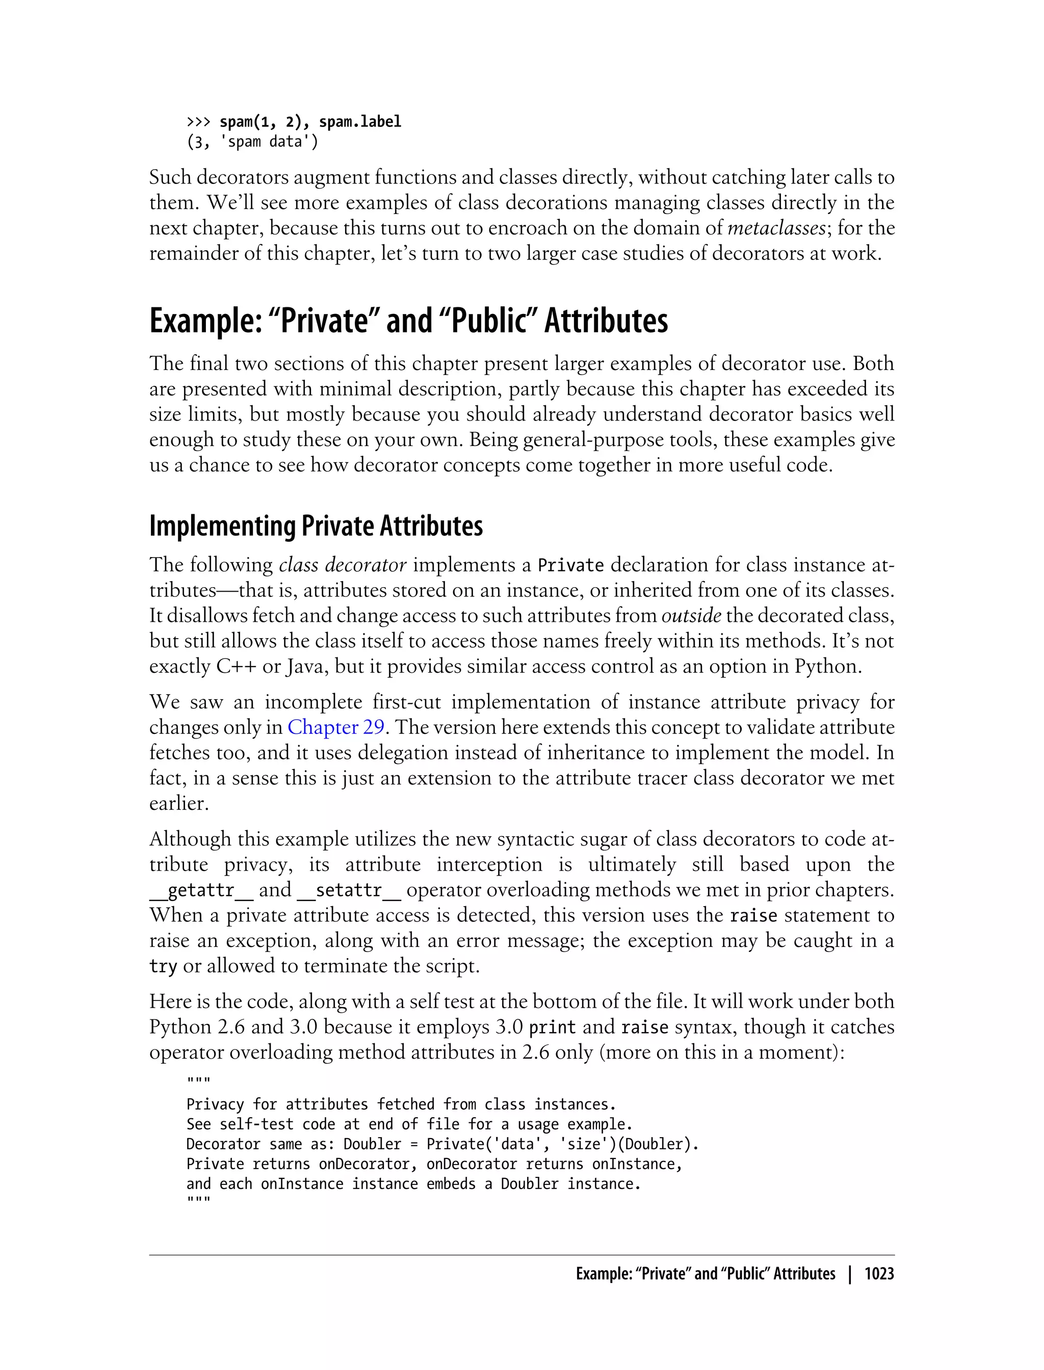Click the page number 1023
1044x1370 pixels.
tap(879, 1274)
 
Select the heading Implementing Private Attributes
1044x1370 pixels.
tap(316, 526)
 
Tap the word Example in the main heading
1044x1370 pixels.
tap(204, 321)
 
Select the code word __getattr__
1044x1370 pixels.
tap(201, 891)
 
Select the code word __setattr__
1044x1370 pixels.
tap(349, 891)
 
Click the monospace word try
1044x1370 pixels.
tap(163, 967)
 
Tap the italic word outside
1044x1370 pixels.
tap(691, 616)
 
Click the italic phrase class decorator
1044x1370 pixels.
tap(343, 565)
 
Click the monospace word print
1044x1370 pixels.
tap(552, 1027)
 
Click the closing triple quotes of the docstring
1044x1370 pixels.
tap(198, 1200)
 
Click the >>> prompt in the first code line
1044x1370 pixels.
tap(199, 122)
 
